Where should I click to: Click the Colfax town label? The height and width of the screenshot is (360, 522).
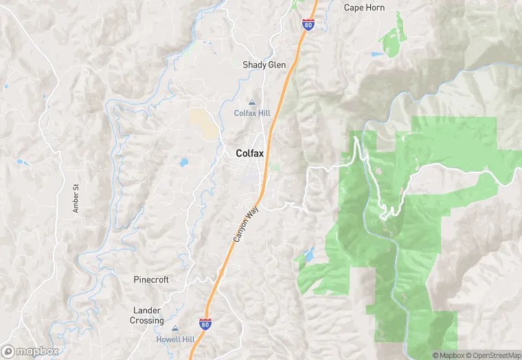[x=250, y=154]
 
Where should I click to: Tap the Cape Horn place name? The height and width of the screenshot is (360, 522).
[x=364, y=8]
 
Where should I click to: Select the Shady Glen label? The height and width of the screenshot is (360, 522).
[x=264, y=65]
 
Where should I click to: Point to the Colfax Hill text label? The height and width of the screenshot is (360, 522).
[x=252, y=113]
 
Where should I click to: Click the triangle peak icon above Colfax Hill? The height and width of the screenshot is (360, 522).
[x=251, y=102]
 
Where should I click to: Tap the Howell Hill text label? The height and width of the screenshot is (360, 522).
[x=174, y=339]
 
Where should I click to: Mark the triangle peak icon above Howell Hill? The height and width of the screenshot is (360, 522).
[x=174, y=329]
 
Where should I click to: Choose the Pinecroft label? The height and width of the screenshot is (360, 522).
[x=151, y=280]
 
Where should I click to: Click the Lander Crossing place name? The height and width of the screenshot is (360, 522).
[x=147, y=315]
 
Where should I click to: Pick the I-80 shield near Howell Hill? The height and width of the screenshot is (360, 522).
[x=205, y=323]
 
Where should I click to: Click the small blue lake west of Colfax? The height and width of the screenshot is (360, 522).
[x=183, y=163]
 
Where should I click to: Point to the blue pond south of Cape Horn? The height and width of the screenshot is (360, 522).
[x=375, y=54]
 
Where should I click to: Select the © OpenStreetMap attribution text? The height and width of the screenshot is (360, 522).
[x=492, y=355]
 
